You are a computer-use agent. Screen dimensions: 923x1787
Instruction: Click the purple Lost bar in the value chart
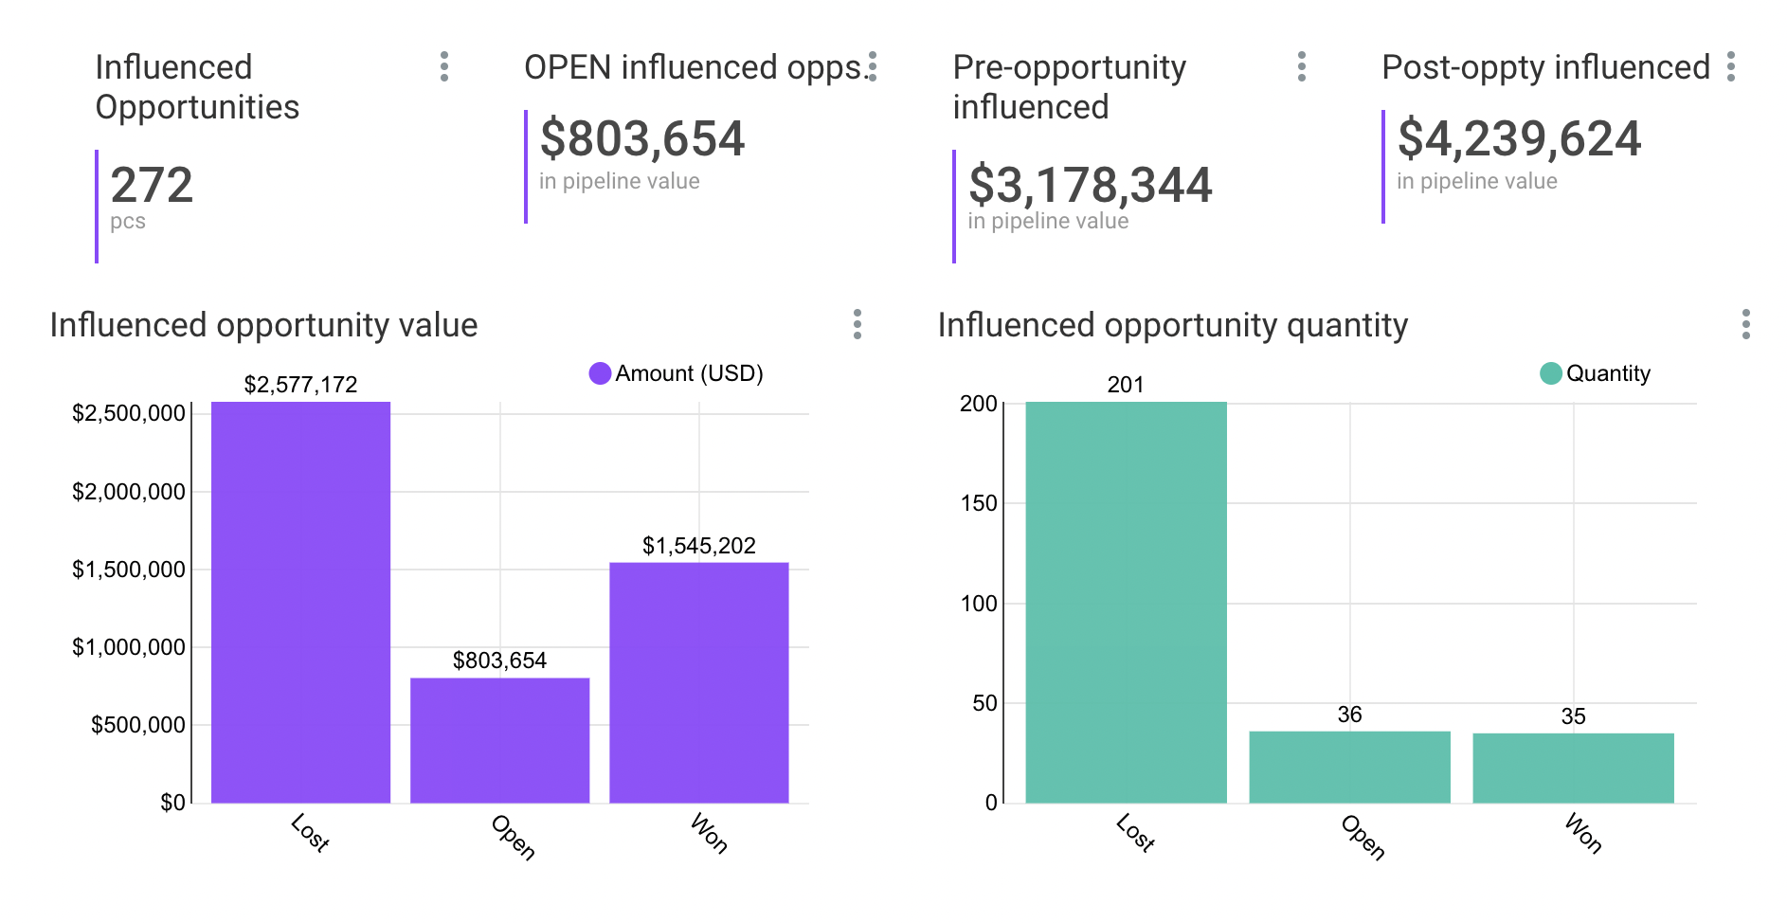[x=300, y=603]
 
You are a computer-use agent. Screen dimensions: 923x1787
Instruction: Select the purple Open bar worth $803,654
[x=499, y=740]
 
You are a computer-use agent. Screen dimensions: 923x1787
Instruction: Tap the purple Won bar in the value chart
[x=698, y=682]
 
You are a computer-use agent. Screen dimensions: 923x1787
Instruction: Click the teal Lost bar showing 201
[x=1126, y=603]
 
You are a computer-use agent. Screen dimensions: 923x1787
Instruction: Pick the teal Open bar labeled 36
[x=1349, y=767]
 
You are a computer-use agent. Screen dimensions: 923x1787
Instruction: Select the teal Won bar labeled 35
[x=1573, y=768]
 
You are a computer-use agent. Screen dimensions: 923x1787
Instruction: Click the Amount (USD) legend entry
[x=676, y=373]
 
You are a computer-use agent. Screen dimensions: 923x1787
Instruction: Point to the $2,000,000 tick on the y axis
[x=129, y=492]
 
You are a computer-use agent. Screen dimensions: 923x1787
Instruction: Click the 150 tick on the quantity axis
[x=979, y=503]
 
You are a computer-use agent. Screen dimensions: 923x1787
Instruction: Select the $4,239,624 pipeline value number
[x=1519, y=139]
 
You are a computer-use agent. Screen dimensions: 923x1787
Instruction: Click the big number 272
[x=152, y=185]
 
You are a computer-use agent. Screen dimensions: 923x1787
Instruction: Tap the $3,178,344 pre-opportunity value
[x=1090, y=185]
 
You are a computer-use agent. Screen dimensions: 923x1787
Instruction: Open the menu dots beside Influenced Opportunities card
[x=444, y=66]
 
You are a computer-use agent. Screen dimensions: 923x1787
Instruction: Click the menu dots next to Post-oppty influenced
[x=1731, y=66]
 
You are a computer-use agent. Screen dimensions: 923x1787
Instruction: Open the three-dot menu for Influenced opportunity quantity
[x=1745, y=324]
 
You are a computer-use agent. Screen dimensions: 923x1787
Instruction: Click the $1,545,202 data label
[x=698, y=546]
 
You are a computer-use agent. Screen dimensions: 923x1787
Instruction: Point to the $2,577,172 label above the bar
[x=300, y=385]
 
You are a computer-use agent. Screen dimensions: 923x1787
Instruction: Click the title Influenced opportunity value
[x=263, y=325]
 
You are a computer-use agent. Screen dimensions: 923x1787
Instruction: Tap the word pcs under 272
[x=128, y=222]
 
